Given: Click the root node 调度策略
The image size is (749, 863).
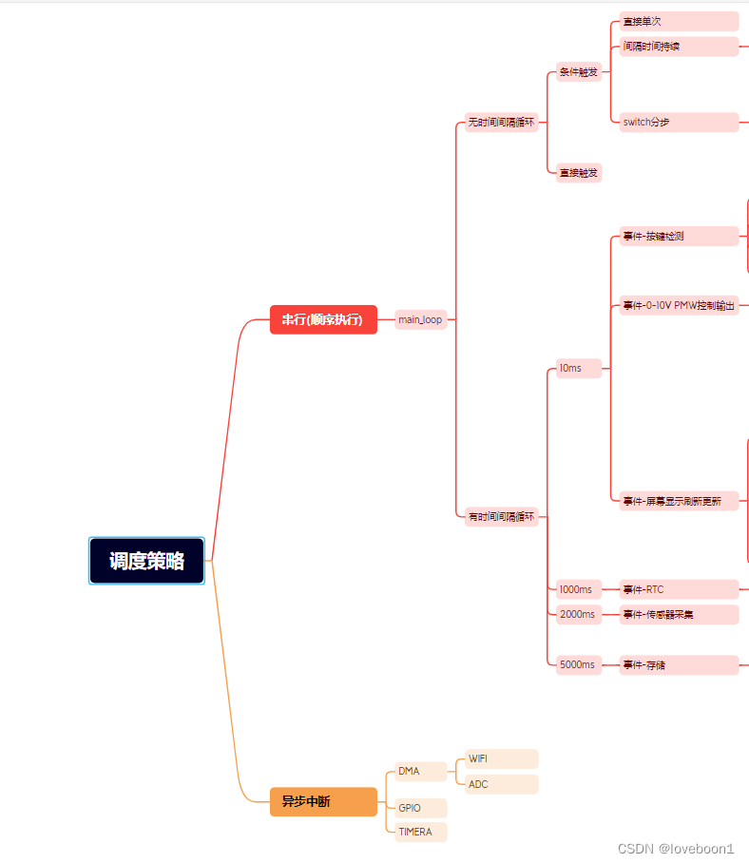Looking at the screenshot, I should pyautogui.click(x=146, y=561).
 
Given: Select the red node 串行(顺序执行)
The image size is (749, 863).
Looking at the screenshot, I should pyautogui.click(x=323, y=319).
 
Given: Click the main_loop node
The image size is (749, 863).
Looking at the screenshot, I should pyautogui.click(x=420, y=319).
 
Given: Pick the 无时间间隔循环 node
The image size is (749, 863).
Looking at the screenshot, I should pyautogui.click(x=501, y=123).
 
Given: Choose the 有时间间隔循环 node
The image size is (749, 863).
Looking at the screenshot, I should pyautogui.click(x=501, y=517).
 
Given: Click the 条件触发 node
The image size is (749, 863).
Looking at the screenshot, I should pyautogui.click(x=579, y=72).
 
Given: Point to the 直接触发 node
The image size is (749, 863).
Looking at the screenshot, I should pyautogui.click(x=579, y=173).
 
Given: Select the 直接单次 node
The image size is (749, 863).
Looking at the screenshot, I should pyautogui.click(x=679, y=21).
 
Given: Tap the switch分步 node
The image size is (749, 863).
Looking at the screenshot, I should pyautogui.click(x=679, y=122).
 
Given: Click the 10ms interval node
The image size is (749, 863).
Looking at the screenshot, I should pyautogui.click(x=579, y=368).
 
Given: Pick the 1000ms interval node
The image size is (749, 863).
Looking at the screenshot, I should pyautogui.click(x=579, y=589).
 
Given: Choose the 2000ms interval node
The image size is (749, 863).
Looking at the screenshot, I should pyautogui.click(x=579, y=614).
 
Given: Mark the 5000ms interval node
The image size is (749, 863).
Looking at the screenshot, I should pyautogui.click(x=579, y=664).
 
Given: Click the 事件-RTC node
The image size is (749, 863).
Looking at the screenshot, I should pyautogui.click(x=679, y=589).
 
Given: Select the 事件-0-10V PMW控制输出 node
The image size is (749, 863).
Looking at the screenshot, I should pyautogui.click(x=679, y=305).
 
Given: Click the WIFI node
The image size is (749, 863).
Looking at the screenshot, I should pyautogui.click(x=501, y=758).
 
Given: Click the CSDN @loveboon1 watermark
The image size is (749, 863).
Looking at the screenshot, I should pyautogui.click(x=675, y=849).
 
